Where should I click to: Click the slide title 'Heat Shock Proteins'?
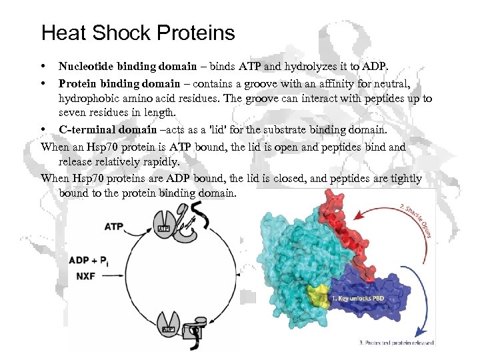tap(138, 33)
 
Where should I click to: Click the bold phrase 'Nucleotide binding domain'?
tap(127, 66)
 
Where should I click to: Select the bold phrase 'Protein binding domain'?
tap(119, 83)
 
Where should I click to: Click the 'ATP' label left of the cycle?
tap(114, 227)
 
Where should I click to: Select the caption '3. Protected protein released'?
tap(396, 343)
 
